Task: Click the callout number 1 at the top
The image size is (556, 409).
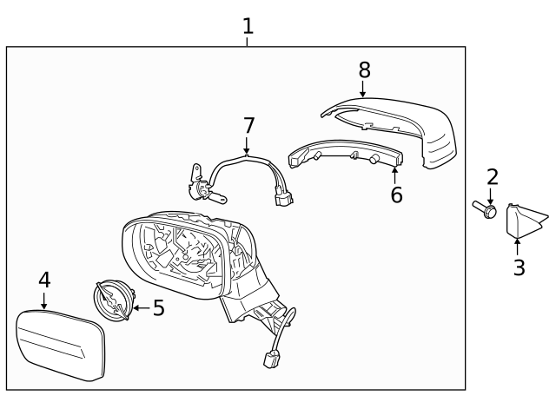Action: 248,26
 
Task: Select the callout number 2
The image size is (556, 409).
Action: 493,177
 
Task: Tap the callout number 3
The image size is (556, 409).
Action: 520,267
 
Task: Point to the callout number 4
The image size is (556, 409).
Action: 44,280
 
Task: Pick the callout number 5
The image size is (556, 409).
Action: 159,307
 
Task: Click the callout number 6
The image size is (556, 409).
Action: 396,195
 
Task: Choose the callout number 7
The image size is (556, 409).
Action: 249,125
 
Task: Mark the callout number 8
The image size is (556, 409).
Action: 365,69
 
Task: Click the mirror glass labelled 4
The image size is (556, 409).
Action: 61,346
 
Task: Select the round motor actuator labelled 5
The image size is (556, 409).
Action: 114,300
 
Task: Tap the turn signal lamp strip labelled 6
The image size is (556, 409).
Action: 346,154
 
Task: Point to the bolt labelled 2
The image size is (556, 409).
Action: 485,208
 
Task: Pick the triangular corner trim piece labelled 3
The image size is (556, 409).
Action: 521,221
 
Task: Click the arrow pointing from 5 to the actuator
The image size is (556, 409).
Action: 142,308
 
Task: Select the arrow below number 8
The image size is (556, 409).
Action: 362,89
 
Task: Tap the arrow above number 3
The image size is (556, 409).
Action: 518,247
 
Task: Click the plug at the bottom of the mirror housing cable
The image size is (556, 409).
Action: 270,359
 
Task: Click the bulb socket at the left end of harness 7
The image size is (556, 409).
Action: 202,188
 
